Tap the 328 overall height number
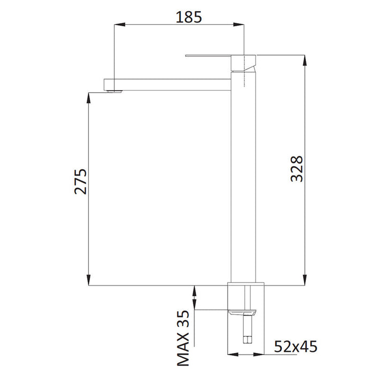click(x=296, y=169)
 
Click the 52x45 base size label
click(x=296, y=347)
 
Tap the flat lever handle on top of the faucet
click(x=212, y=55)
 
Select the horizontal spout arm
click(x=171, y=84)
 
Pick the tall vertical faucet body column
click(x=244, y=182)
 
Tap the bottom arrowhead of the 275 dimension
click(x=88, y=281)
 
